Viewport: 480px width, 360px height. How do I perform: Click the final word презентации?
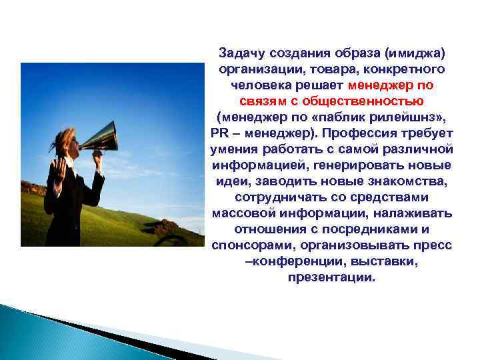click(331, 277)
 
